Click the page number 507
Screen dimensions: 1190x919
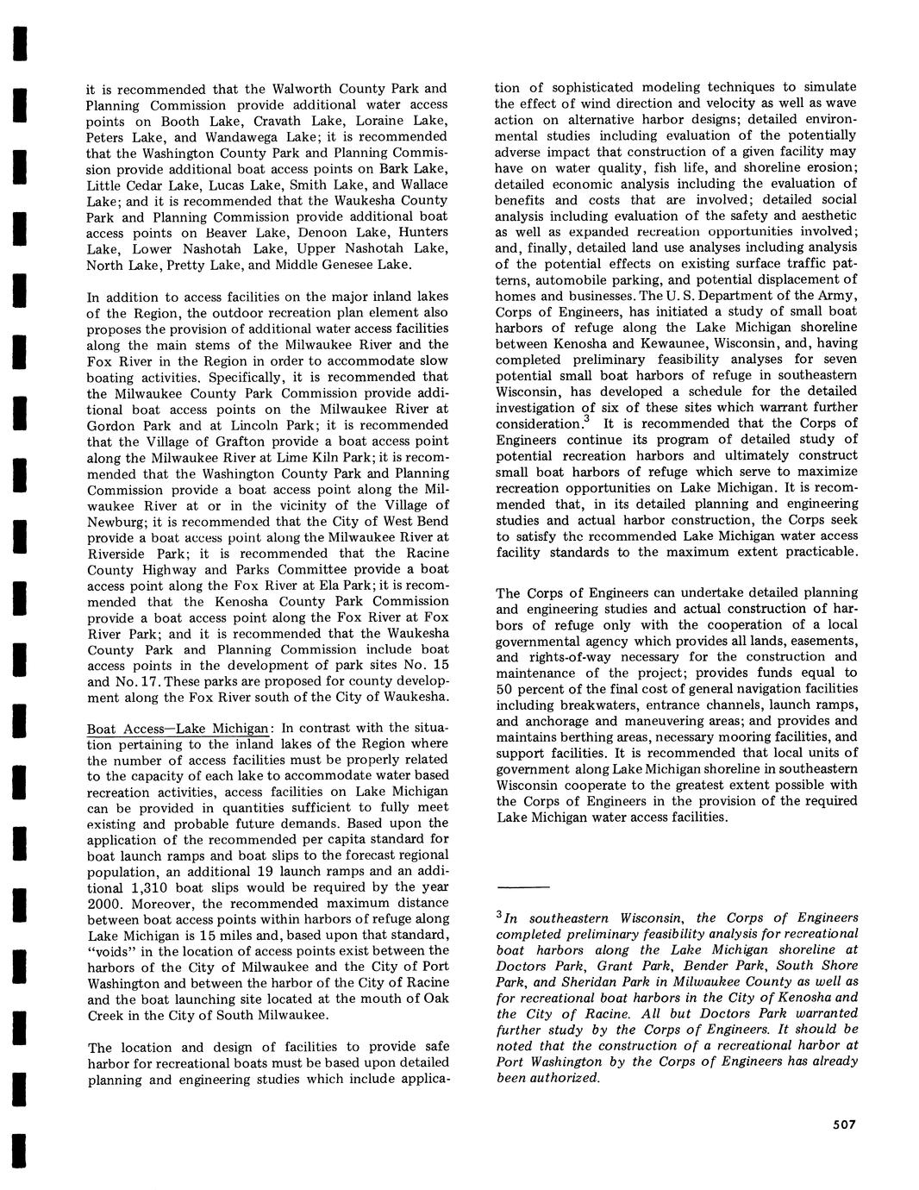click(x=843, y=1124)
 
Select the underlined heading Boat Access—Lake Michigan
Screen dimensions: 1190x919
click(x=178, y=728)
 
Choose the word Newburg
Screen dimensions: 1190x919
click(x=117, y=522)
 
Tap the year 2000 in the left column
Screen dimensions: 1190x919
click(x=103, y=904)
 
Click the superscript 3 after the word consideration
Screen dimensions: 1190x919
click(x=586, y=420)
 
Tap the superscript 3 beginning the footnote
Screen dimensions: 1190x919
click(x=500, y=915)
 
